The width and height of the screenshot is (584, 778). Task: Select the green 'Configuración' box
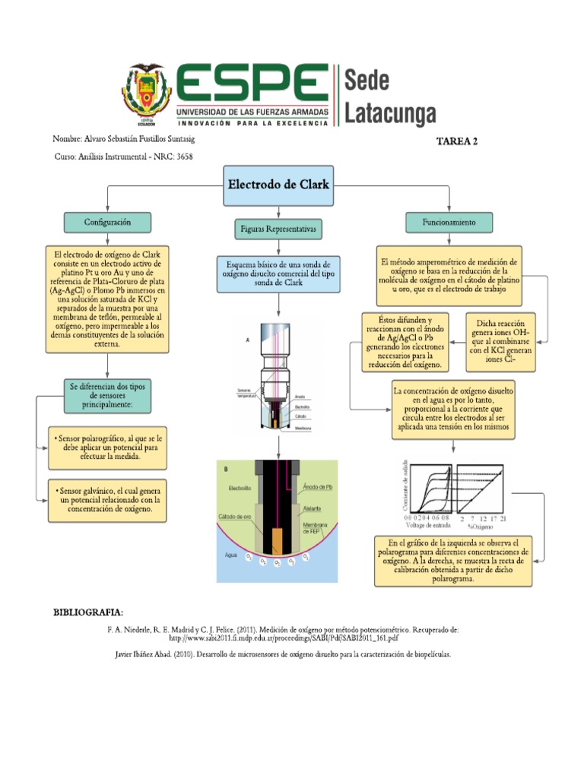click(x=107, y=222)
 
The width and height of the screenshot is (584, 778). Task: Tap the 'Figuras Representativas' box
click(x=278, y=228)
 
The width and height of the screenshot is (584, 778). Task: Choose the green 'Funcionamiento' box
click(x=450, y=223)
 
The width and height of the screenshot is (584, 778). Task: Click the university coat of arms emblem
click(x=148, y=94)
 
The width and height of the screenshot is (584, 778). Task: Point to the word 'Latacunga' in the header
click(x=391, y=114)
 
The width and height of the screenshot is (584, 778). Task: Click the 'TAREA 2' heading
click(x=457, y=141)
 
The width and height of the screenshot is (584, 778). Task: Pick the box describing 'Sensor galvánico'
click(x=107, y=500)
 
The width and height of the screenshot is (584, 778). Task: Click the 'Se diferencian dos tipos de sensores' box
click(x=107, y=395)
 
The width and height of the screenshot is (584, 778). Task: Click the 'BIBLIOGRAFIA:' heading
click(x=87, y=612)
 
